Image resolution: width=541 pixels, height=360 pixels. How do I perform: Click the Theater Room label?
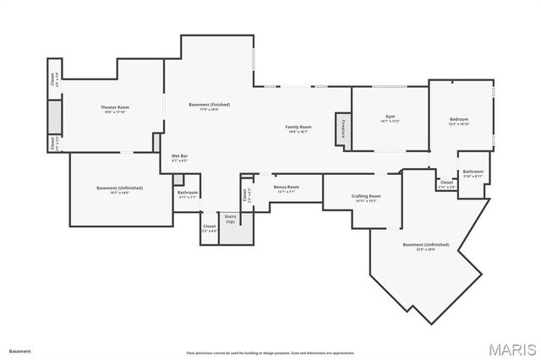114,108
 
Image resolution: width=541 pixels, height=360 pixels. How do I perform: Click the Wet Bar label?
179,156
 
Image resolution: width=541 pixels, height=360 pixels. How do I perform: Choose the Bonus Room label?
286,188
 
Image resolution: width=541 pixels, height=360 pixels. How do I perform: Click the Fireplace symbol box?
343,128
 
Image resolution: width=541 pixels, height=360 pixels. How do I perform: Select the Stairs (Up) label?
230,220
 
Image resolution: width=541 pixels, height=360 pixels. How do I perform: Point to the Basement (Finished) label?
209,106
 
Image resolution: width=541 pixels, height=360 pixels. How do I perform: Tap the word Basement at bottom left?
19,351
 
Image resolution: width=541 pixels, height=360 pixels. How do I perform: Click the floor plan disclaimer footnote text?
270,352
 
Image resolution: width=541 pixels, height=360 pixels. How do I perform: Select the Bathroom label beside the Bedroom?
473,172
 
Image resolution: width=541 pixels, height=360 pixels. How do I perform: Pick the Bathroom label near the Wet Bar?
188,194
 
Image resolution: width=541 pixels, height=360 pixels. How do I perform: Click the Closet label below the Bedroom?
446,183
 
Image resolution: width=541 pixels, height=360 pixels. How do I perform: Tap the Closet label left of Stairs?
209,226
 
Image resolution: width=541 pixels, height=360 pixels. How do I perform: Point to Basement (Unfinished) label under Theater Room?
119,188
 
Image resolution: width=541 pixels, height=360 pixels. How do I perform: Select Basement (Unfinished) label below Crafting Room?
425,246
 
